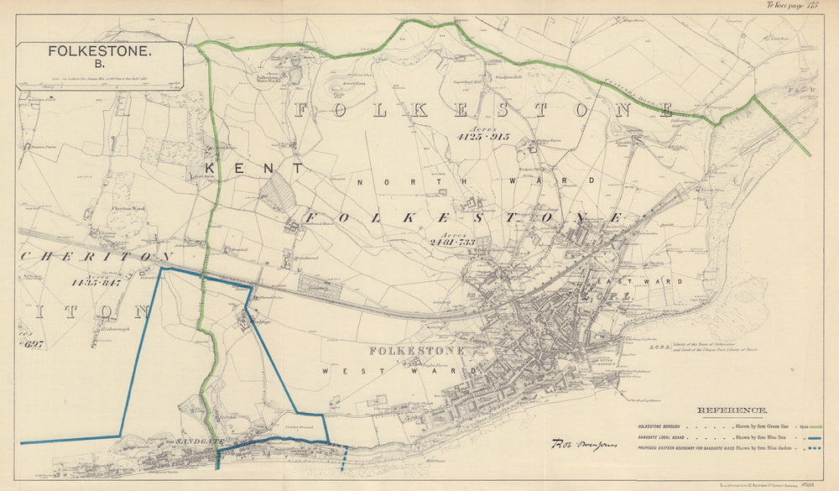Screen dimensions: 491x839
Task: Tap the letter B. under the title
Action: coord(99,64)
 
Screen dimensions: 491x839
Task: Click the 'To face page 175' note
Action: coord(791,5)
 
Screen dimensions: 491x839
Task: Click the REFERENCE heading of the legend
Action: coord(732,410)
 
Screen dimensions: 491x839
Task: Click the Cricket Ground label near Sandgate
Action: coord(299,428)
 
